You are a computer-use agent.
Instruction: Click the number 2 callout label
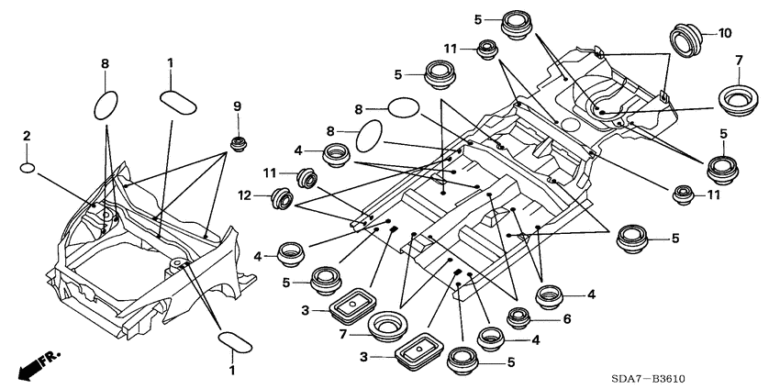click(28, 136)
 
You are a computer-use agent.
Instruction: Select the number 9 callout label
click(237, 107)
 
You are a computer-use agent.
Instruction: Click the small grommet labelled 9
click(238, 143)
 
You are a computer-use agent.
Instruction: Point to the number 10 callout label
click(725, 33)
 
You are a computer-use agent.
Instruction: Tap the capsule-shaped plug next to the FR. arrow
click(234, 342)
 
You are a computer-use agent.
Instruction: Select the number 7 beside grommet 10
click(740, 61)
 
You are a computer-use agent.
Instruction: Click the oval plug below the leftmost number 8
click(106, 105)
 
